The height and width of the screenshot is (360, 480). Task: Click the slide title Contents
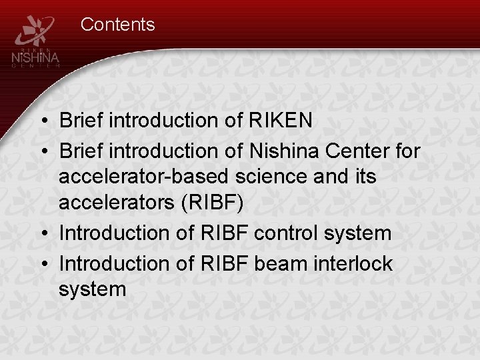point(117,25)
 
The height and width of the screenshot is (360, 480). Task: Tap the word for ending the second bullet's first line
point(407,151)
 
